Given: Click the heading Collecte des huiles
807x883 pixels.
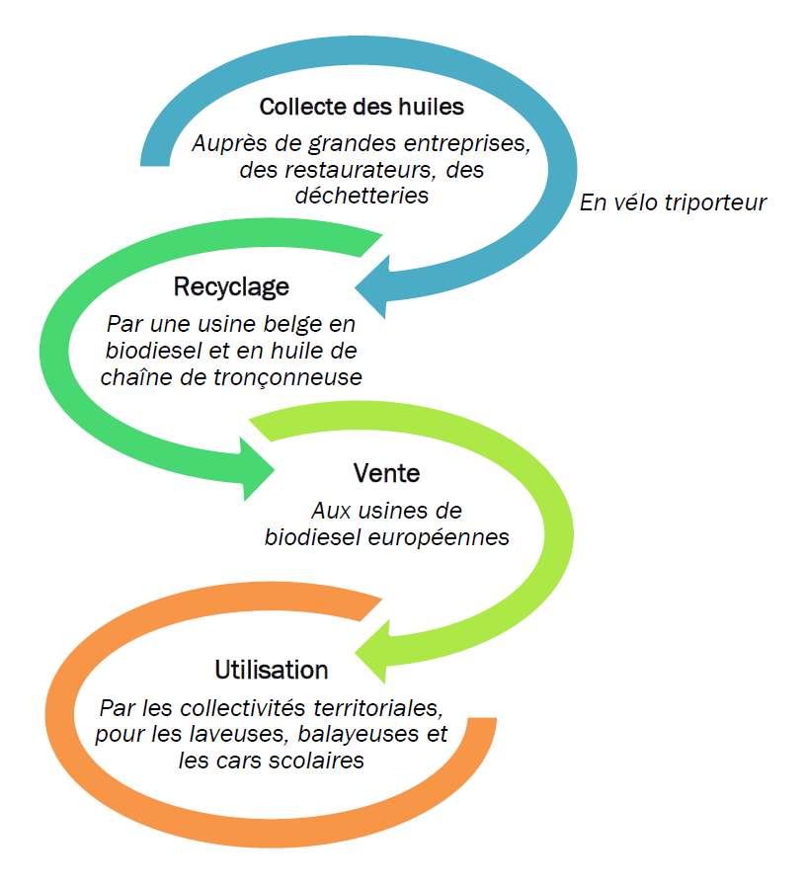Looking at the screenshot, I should (x=362, y=107).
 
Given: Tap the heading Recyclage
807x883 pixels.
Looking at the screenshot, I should (x=232, y=287).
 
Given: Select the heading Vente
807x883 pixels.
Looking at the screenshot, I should (x=386, y=473).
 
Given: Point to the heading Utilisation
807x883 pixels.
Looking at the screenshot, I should (x=271, y=670).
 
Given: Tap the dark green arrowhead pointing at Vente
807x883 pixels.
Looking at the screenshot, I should (x=259, y=470).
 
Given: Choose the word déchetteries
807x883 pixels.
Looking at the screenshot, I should (x=362, y=196).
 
